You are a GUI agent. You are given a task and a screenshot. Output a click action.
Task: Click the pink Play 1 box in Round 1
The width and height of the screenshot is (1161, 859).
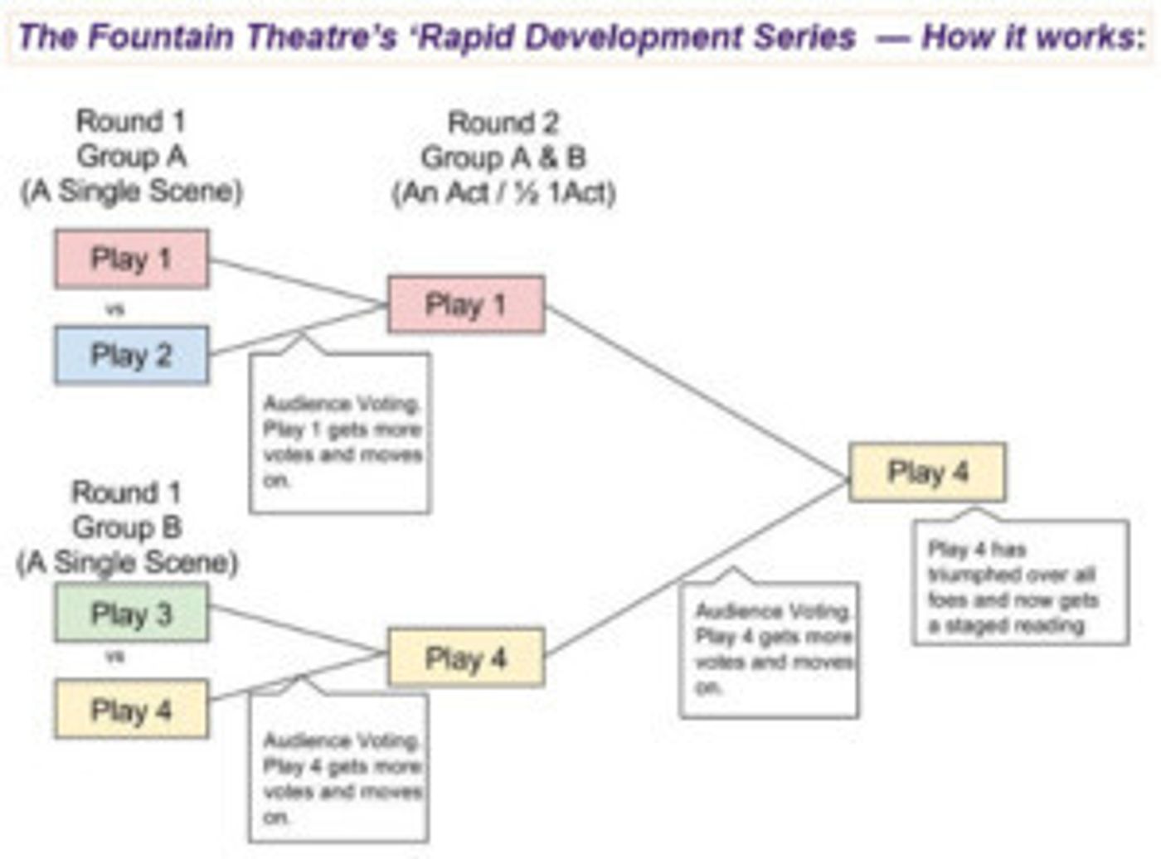click(131, 260)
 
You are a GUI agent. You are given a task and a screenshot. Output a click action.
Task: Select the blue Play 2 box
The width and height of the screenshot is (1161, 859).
click(131, 356)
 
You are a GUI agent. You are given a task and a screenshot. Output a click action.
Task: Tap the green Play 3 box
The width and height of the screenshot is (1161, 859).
click(131, 614)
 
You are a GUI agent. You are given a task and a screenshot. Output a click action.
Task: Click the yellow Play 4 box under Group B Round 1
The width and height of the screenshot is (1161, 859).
click(131, 710)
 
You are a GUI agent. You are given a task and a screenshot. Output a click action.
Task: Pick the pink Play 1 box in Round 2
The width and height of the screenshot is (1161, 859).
click(465, 305)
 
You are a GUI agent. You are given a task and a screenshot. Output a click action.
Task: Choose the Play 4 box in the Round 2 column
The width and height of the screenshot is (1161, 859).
click(465, 659)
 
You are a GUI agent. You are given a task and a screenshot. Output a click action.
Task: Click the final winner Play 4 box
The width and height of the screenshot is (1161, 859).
click(927, 473)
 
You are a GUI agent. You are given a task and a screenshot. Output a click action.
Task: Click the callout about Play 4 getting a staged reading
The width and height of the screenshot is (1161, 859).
click(1020, 585)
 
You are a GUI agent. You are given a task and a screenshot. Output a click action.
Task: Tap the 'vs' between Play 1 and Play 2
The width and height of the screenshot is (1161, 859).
click(115, 309)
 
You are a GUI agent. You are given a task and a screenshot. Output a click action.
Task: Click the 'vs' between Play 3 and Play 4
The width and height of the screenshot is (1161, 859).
click(115, 656)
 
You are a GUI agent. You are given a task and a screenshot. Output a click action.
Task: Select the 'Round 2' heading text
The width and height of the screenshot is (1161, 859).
click(503, 123)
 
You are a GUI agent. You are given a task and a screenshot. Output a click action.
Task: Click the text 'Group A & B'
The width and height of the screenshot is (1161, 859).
click(503, 158)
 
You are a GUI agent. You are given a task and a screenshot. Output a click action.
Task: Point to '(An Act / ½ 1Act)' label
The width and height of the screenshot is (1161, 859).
click(503, 193)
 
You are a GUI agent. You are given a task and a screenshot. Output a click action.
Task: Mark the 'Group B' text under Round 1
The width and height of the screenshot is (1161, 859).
click(126, 527)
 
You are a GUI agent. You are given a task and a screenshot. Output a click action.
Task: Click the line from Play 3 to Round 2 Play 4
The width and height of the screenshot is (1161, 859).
click(299, 631)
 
